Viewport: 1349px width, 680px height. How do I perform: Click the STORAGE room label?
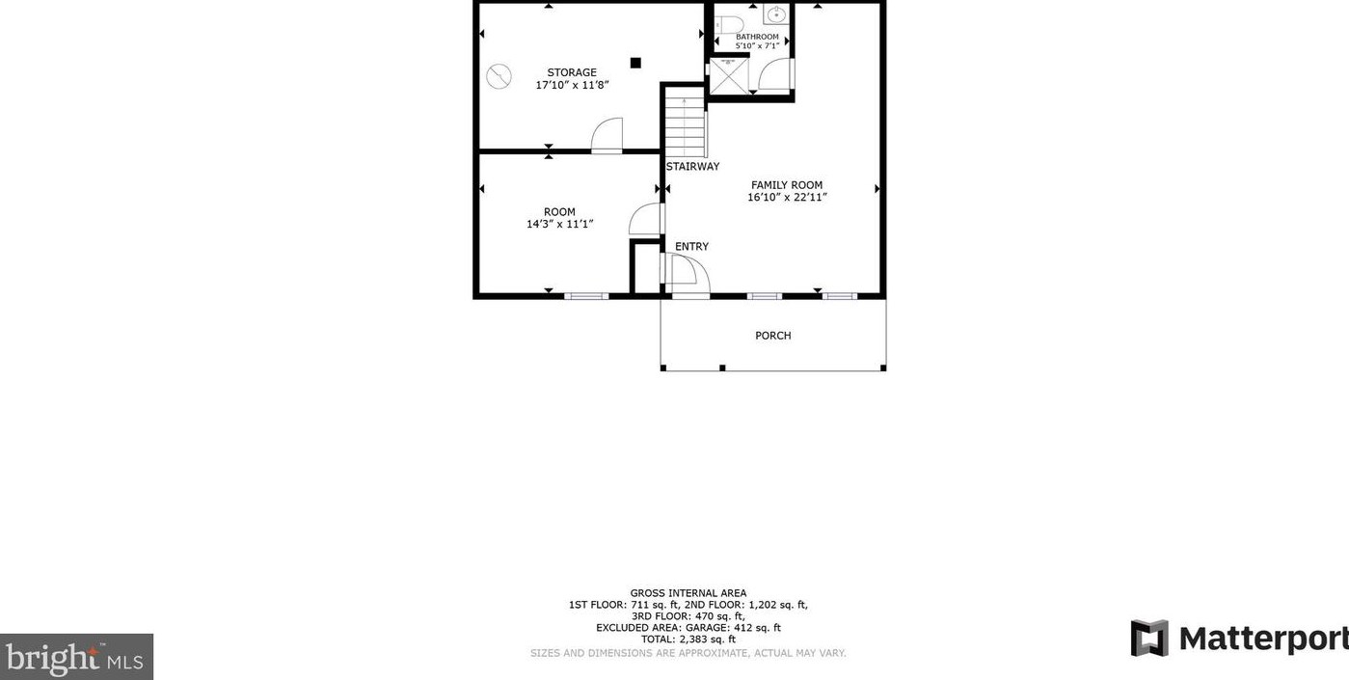[572, 72]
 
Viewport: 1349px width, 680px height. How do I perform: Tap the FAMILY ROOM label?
[787, 185]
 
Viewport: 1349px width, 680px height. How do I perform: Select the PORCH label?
[772, 336]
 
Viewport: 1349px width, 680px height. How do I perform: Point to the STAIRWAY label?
[692, 167]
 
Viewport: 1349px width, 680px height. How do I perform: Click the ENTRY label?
[691, 247]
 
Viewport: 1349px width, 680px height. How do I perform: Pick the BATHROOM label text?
[757, 37]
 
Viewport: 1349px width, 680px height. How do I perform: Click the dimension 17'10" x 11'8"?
[572, 85]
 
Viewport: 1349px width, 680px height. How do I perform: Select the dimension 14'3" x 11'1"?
[559, 224]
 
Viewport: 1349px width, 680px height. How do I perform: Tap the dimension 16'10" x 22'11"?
[787, 198]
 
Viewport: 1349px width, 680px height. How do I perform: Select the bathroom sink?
[776, 14]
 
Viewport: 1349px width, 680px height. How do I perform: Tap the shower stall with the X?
[728, 76]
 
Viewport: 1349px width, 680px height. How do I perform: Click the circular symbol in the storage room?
[499, 75]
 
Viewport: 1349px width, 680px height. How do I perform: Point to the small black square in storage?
[635, 63]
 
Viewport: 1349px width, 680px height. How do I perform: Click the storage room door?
[607, 136]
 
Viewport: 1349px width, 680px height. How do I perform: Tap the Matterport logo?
[1238, 639]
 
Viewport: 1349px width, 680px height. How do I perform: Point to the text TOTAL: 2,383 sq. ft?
[688, 639]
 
